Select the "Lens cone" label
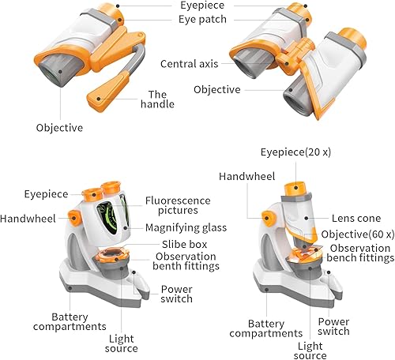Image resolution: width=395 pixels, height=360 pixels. click(x=356, y=218)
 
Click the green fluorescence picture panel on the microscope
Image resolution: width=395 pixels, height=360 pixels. click(x=108, y=219)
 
